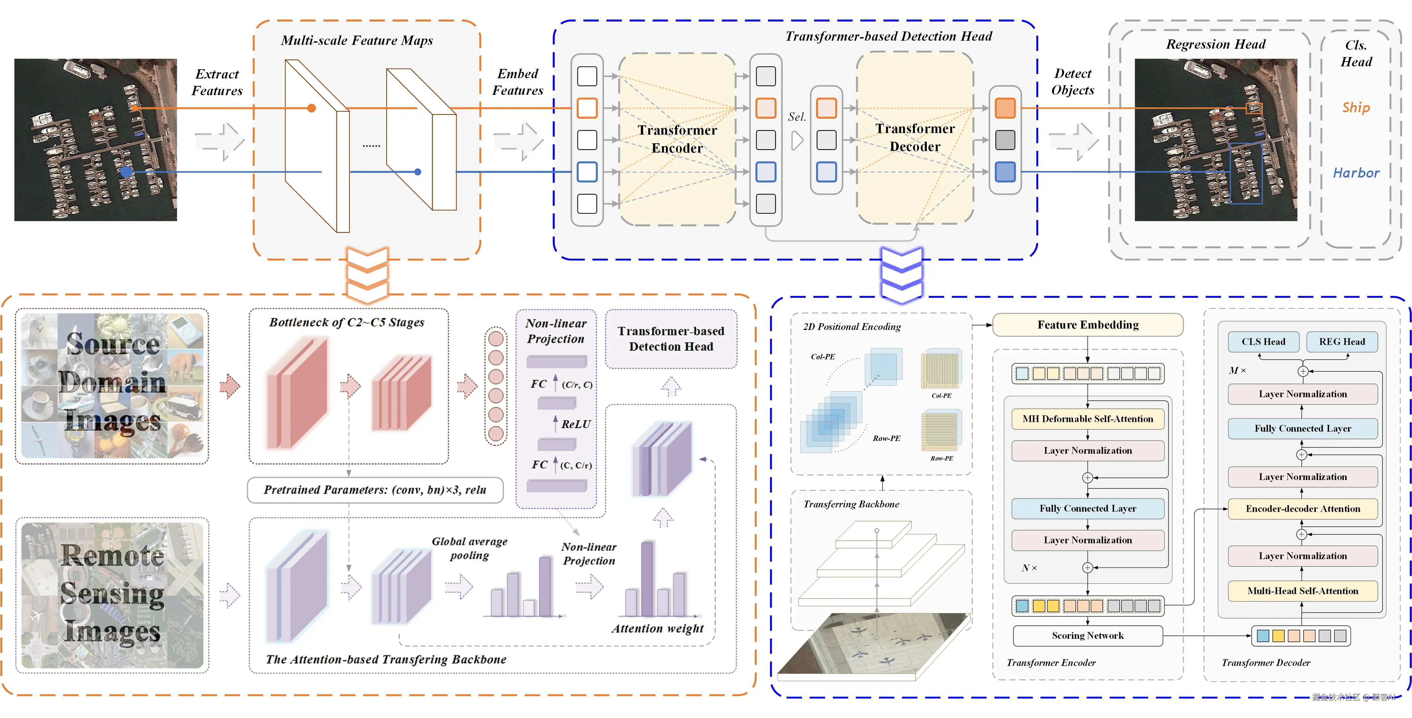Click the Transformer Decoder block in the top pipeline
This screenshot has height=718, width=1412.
coord(915,138)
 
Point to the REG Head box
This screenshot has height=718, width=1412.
coord(1341,342)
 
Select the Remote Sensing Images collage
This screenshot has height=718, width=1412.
coord(112,595)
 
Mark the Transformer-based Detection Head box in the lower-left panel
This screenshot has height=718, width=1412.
coord(671,339)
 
